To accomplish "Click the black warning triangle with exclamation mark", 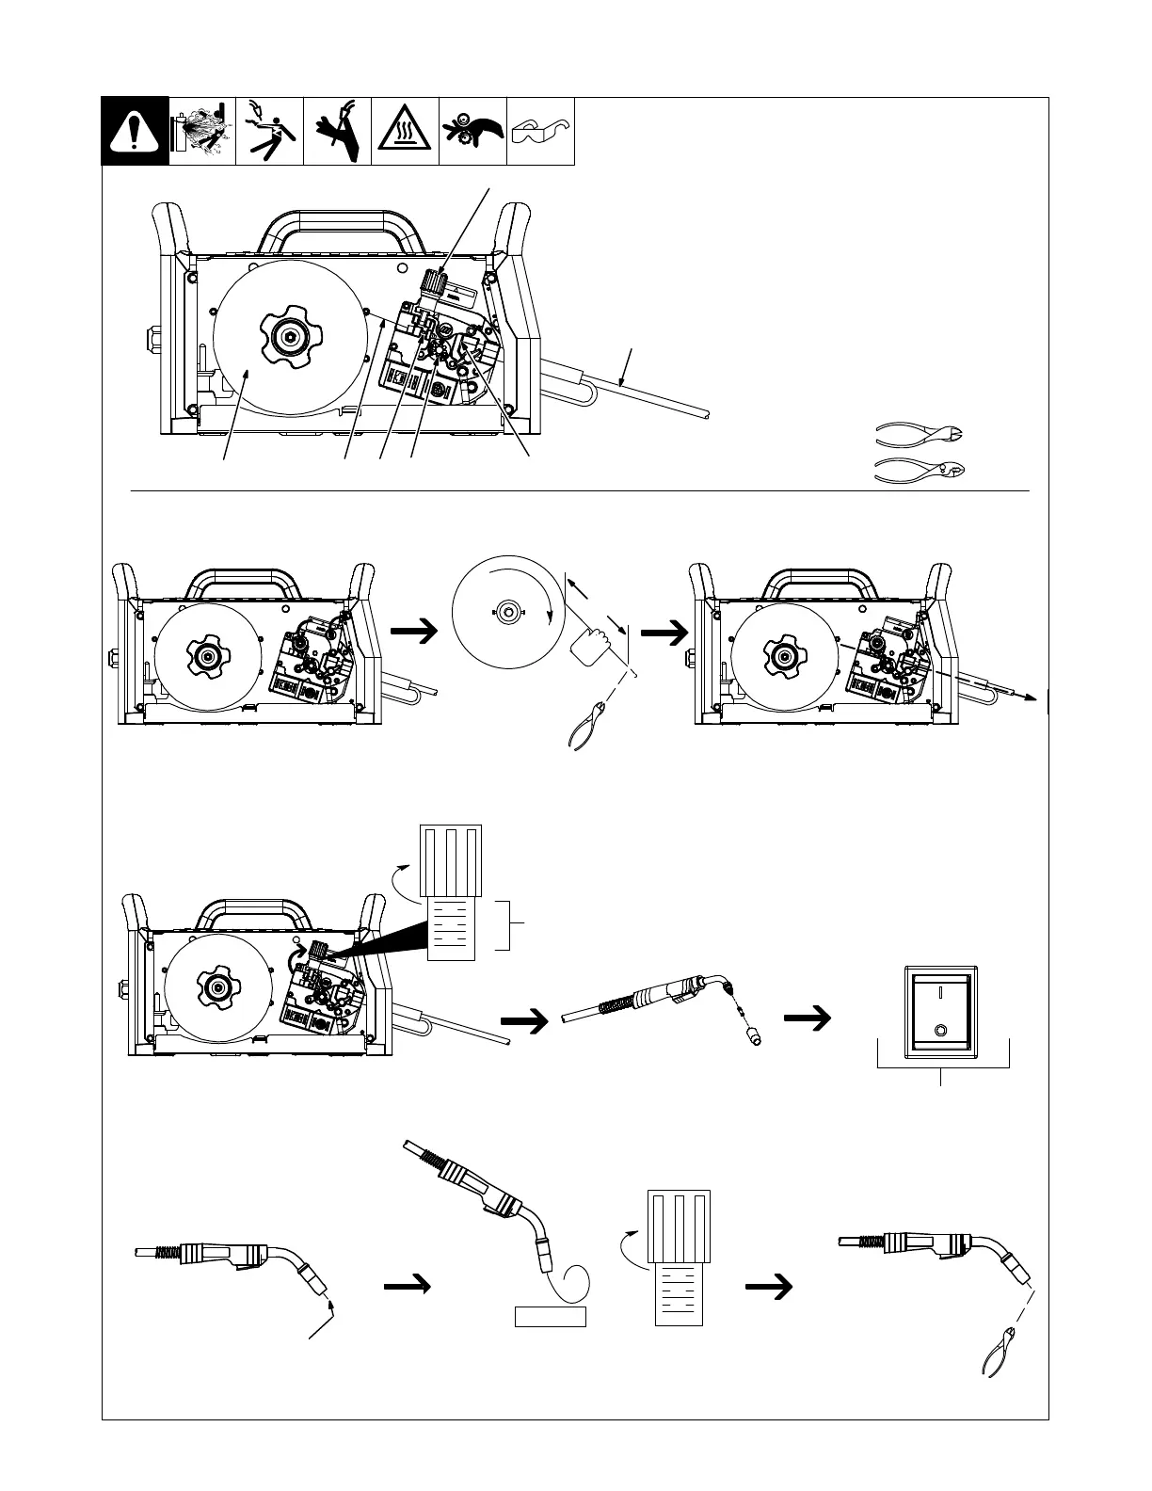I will pos(136,132).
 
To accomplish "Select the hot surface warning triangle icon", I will pos(405,132).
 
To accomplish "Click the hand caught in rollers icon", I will pos(472,132).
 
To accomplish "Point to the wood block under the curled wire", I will pos(551,1316).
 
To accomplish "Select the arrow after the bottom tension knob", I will pos(766,1286).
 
